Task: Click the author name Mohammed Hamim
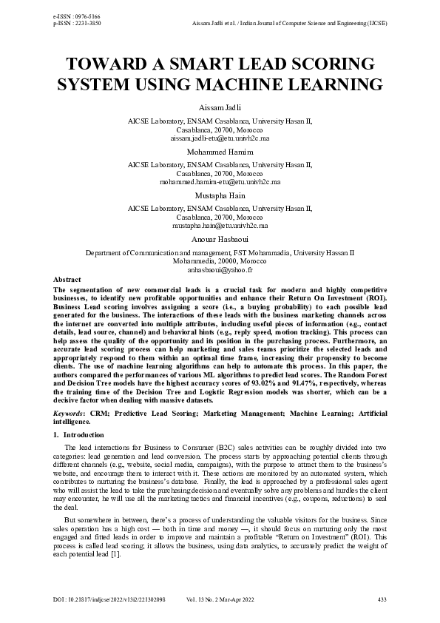pos(220,151)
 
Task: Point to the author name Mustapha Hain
pos(220,195)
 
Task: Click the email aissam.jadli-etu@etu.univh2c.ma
pos(220,138)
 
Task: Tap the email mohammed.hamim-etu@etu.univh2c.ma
pos(220,181)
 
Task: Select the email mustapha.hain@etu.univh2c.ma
pos(220,226)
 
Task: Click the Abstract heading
pos(67,279)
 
